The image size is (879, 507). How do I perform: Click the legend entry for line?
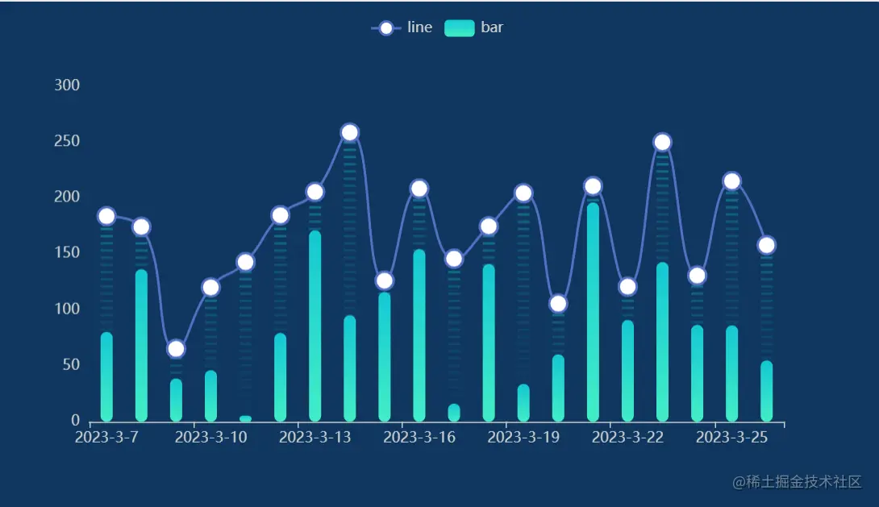coord(402,27)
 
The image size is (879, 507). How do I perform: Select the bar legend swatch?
coord(459,27)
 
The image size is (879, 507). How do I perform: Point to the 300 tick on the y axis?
coord(67,85)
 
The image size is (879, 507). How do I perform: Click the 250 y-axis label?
coord(67,141)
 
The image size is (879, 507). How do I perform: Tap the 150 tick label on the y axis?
coord(67,253)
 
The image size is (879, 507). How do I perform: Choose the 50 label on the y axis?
coord(70,364)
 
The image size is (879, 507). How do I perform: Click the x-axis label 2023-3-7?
coord(106,438)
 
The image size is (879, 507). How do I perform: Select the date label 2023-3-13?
coord(315,438)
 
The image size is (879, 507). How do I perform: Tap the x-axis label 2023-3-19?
coord(523,438)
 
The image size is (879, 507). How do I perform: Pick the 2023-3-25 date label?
coord(731,438)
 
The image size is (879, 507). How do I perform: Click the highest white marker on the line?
coord(349,133)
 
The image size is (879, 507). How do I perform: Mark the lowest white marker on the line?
coord(176,349)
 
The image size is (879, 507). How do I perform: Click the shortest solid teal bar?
coord(245,418)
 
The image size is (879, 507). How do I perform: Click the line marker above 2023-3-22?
coord(627,287)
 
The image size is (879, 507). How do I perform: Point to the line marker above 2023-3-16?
coord(419,189)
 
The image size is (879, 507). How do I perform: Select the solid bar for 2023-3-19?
coord(523,403)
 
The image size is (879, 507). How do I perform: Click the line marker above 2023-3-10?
coord(210,287)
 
